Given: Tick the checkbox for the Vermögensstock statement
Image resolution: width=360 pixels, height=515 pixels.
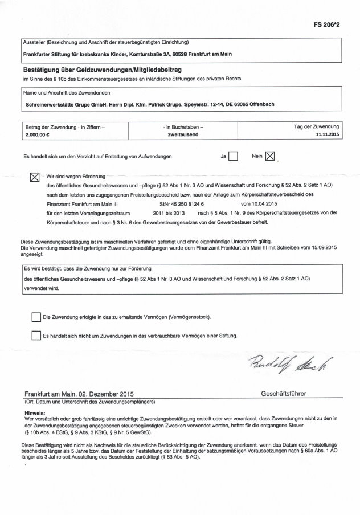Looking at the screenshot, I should (36, 317).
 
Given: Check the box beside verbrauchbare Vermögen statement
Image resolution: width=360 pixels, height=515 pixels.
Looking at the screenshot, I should (36, 336).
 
